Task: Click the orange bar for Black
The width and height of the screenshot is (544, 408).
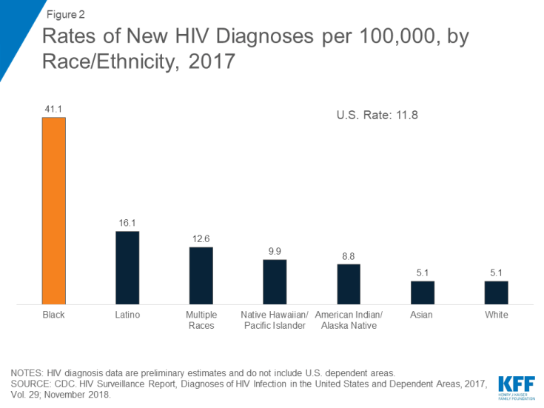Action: pos(53,210)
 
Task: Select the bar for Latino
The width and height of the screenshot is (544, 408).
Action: pos(127,267)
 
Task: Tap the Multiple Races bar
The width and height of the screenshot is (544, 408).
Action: pos(201,275)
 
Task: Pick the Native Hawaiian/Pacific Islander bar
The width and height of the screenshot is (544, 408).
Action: pos(275,281)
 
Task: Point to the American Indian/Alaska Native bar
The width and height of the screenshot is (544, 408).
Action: pos(349,284)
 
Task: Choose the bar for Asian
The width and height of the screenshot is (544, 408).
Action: pos(422,292)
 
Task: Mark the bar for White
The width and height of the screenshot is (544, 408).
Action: pos(496,292)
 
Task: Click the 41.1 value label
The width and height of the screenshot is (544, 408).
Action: pos(53,110)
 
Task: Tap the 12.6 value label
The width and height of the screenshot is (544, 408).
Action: pos(201,239)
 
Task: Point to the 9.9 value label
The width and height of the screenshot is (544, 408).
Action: pos(275,252)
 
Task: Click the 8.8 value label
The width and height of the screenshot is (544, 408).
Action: pos(349,256)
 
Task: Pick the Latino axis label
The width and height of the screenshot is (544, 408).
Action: pos(127,315)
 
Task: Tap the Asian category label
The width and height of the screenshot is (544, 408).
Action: pos(422,315)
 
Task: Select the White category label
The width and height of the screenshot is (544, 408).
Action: pos(496,315)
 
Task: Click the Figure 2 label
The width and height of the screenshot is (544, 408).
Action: pos(65,14)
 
